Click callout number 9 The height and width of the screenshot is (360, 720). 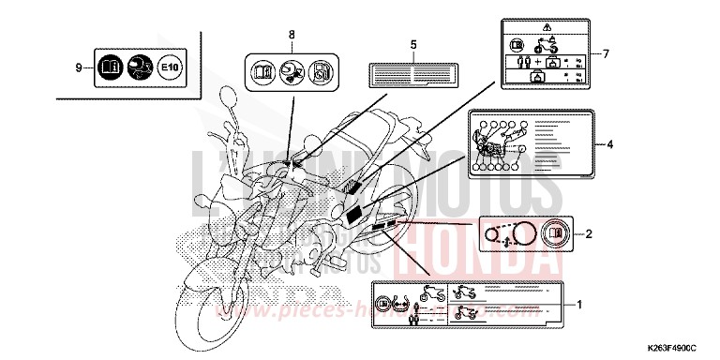click(78, 67)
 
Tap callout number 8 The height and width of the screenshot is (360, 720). click(291, 35)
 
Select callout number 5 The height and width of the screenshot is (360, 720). click(412, 44)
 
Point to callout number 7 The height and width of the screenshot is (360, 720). click(605, 53)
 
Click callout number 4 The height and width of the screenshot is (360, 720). click(609, 144)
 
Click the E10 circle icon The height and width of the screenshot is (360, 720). click(169, 67)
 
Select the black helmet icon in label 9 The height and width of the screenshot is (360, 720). click(138, 67)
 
